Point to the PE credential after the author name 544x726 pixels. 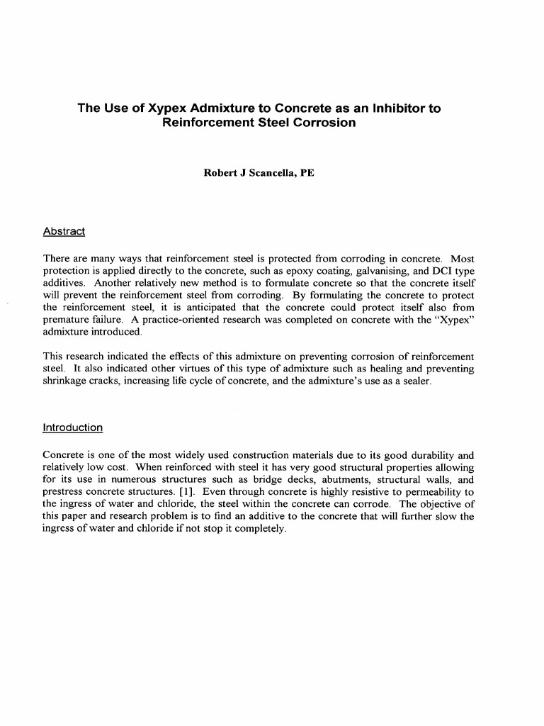click(307, 172)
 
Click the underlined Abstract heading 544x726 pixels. click(64, 231)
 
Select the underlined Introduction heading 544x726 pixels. click(73, 428)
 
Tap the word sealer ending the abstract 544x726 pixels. click(411, 381)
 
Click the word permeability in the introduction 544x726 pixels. click(431, 491)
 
